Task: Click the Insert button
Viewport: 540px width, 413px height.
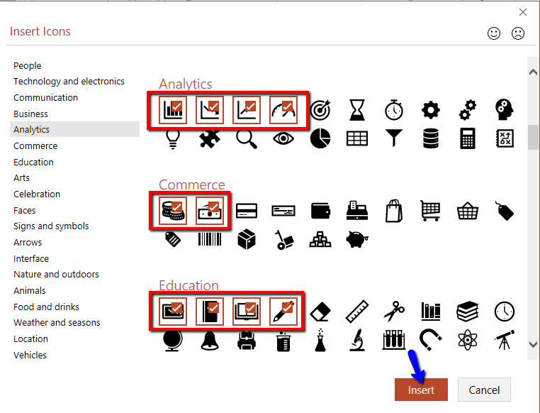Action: coord(421,390)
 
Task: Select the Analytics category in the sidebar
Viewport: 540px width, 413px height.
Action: coord(32,129)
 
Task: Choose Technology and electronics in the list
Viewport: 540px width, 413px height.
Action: coord(69,81)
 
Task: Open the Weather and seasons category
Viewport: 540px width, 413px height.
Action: coord(57,322)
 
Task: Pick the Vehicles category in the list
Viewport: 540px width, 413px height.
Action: coord(30,355)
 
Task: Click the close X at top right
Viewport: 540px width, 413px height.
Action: coord(523,12)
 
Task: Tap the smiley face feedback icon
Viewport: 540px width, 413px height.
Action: coord(495,33)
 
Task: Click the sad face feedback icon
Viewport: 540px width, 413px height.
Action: coord(518,33)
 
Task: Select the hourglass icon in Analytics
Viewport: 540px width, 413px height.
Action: coord(357,110)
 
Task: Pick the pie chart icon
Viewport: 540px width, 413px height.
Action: coord(320,138)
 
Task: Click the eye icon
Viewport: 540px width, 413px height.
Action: coord(283,138)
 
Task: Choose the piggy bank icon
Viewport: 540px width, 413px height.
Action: coord(357,239)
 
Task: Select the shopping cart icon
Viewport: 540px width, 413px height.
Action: coord(431,211)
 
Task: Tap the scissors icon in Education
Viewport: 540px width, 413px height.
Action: coord(394,311)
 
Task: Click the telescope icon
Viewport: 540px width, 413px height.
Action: coord(505,340)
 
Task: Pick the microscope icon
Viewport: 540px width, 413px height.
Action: coord(357,340)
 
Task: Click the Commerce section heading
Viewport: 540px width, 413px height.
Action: coord(191,185)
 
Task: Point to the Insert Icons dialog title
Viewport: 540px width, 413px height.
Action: coord(40,31)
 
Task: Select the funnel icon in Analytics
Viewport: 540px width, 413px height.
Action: coord(394,138)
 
